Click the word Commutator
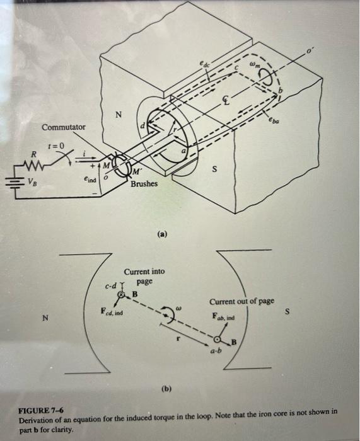63,127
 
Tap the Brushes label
144,184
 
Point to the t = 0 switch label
55,146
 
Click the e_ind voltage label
90,179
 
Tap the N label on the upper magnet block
119,115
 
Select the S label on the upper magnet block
215,169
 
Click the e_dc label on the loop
205,64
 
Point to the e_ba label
274,120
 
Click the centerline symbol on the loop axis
226,100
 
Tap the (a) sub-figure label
163,234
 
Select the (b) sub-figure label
166,389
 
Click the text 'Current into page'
144,277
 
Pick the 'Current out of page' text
241,301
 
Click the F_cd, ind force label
112,312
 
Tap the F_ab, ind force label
223,317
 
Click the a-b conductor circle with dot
217,340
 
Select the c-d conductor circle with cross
121,294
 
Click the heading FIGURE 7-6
41,410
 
